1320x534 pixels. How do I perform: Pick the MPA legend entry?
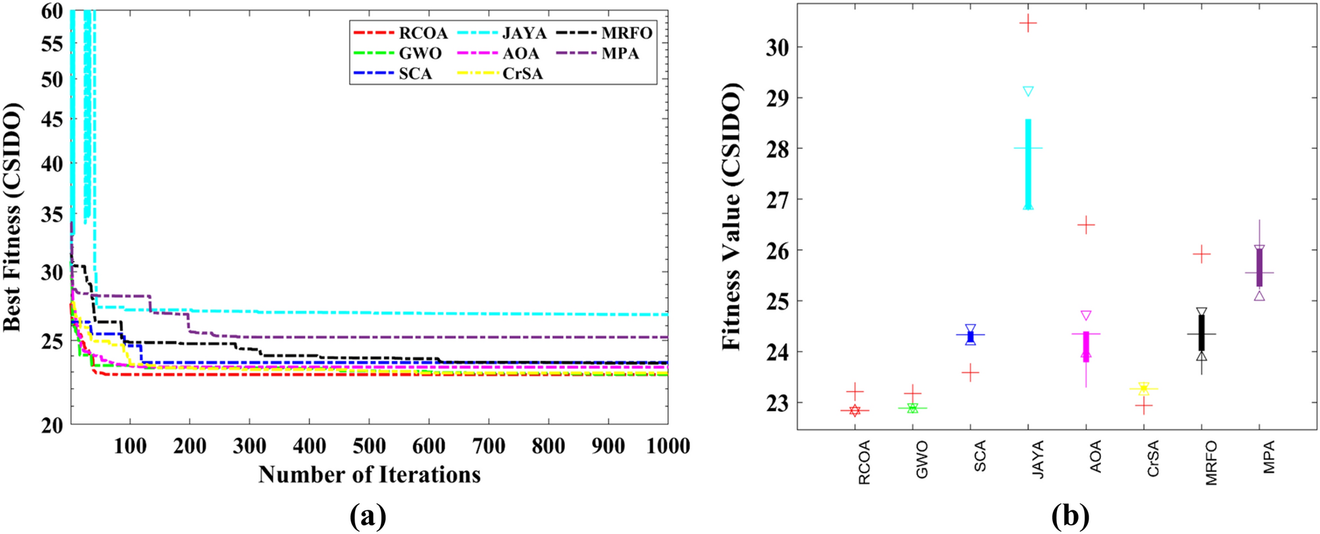(x=620, y=53)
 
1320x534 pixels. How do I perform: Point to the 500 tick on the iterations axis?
(x=369, y=447)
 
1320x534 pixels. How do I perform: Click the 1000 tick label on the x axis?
(x=667, y=447)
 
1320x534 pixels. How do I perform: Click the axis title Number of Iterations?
(x=369, y=475)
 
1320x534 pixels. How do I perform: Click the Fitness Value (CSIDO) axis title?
(x=732, y=217)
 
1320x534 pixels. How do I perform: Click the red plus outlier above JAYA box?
(x=1028, y=24)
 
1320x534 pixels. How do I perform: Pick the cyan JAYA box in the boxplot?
(x=1028, y=164)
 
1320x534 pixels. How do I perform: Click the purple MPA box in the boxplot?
(x=1259, y=268)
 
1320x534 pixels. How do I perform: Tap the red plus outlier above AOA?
(x=1086, y=226)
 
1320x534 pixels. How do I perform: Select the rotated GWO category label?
(x=921, y=460)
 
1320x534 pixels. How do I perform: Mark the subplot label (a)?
(x=368, y=516)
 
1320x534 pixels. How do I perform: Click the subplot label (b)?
(x=1070, y=516)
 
